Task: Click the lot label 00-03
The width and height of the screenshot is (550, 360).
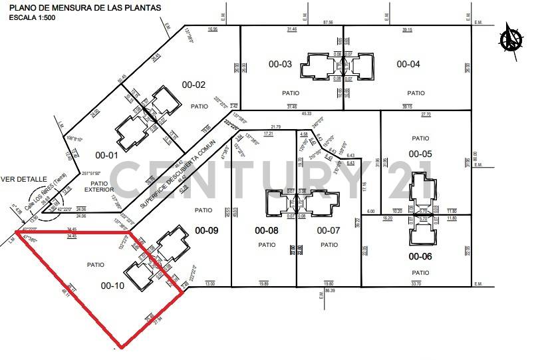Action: coord(280,65)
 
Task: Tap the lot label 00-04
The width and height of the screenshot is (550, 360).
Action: coord(408,65)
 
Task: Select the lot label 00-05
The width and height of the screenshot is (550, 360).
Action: coord(420,154)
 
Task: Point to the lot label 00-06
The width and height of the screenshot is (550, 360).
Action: coord(420,256)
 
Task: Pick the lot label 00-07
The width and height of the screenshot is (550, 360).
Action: coord(329,231)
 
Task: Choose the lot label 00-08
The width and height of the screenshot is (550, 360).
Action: coord(267,231)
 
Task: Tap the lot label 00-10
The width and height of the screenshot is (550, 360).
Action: coord(112,286)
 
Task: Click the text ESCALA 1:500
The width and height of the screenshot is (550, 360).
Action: coord(33,17)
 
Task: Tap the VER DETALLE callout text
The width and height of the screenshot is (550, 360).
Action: coord(23,179)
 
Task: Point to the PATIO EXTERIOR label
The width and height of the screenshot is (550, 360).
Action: coord(99,187)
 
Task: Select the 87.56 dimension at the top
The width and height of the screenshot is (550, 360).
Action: coord(328,23)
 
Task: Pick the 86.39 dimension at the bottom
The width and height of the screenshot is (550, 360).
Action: coord(329,291)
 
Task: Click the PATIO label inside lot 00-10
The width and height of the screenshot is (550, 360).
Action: coord(95,265)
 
